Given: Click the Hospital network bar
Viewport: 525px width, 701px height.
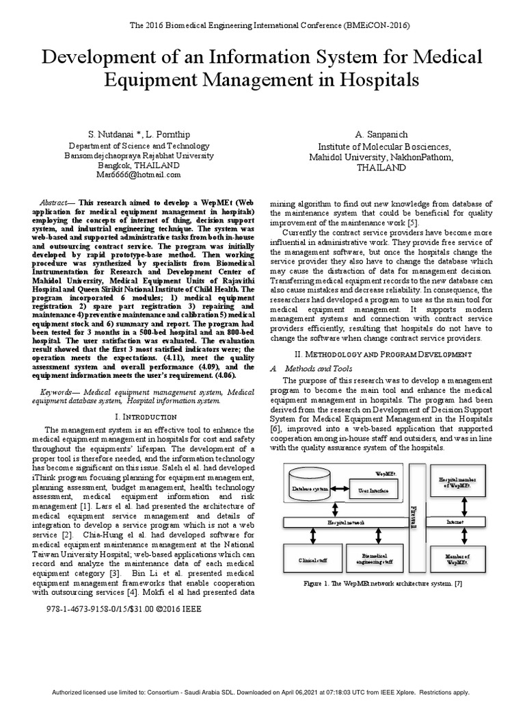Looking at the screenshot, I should [x=345, y=522].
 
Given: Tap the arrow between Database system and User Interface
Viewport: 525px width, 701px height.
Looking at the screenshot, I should [x=340, y=490].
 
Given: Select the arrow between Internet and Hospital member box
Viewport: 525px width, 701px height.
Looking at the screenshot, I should [x=466, y=507].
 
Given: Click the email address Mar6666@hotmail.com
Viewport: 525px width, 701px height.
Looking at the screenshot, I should [x=139, y=175].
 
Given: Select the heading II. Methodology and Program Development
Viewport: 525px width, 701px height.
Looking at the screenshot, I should [x=382, y=354].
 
